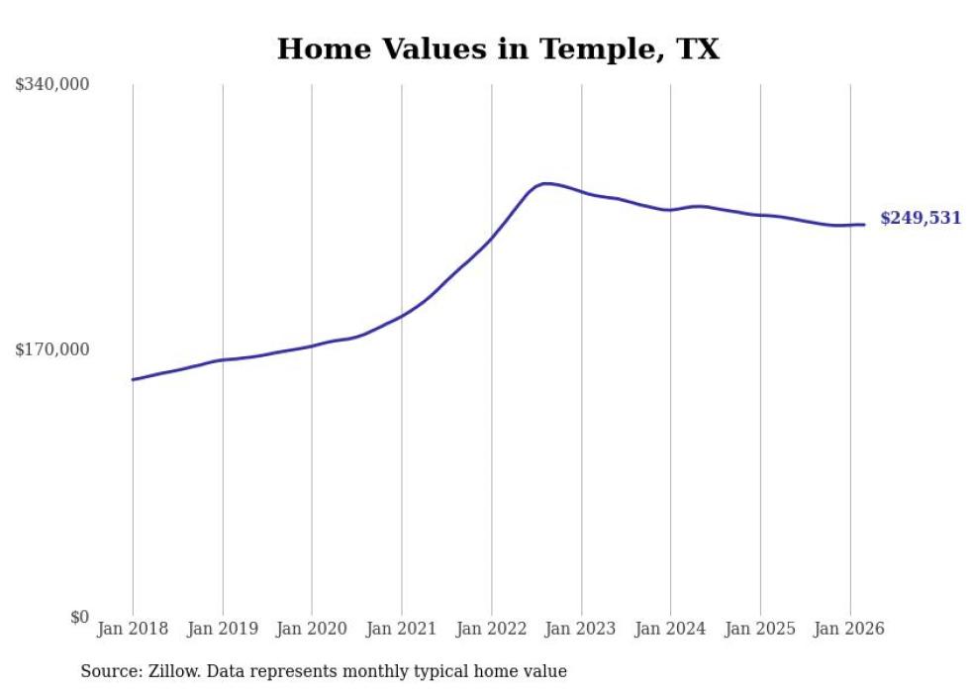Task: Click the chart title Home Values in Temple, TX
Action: pos(498,49)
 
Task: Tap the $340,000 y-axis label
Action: pos(52,84)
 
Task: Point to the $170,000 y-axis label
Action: pos(52,349)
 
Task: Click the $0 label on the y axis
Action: pos(79,617)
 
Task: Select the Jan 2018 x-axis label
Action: pos(133,629)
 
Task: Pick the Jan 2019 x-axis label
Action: pos(222,629)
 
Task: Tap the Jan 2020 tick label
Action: pos(312,629)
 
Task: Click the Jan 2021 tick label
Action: pos(402,629)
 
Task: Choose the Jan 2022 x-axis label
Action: pos(491,629)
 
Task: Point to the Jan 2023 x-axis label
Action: pos(581,629)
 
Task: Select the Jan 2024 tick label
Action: pos(670,629)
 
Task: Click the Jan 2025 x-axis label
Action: pos(760,629)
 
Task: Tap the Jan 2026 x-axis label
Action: pos(849,629)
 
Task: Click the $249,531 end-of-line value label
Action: pos(921,218)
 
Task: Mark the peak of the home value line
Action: pos(544,183)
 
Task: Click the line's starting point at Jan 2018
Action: pos(133,379)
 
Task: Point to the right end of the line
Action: pos(864,225)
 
